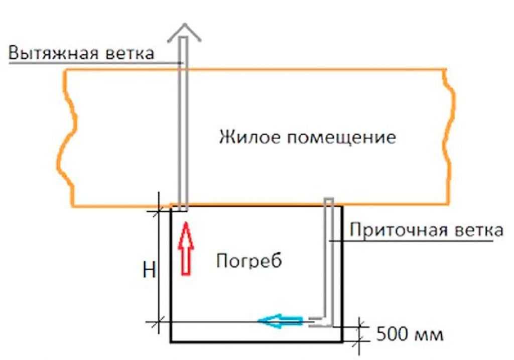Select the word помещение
(341, 138)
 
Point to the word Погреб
(249, 261)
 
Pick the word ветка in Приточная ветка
(478, 230)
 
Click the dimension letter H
(149, 271)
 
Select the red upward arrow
(186, 248)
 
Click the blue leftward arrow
(280, 321)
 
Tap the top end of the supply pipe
(329, 199)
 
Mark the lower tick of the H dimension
(159, 322)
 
